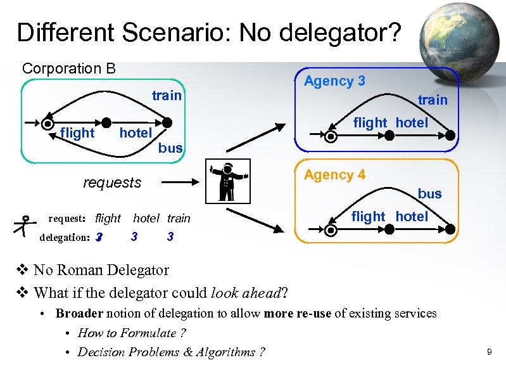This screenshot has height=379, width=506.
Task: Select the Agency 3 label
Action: coord(334,81)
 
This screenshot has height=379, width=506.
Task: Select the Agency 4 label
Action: coord(334,175)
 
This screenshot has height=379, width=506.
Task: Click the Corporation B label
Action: coord(69,68)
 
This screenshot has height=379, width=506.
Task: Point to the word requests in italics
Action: coord(112,183)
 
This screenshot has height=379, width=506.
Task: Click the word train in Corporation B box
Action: coord(167,96)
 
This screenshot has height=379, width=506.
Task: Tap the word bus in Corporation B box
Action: coord(170,148)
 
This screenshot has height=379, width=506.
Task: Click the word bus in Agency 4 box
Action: coord(429,193)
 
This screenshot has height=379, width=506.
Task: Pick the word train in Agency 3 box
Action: coord(433,100)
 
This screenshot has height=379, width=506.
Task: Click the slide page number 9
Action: coord(489,350)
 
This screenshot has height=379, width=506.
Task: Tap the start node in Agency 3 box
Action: coord(331,136)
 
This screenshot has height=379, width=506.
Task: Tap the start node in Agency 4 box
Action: coord(331,229)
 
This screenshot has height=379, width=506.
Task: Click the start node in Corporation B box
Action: coord(48,124)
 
